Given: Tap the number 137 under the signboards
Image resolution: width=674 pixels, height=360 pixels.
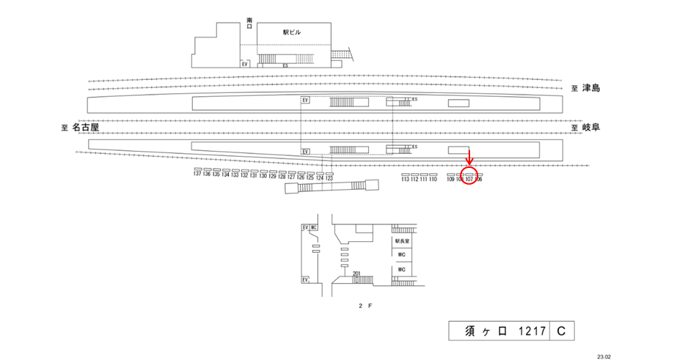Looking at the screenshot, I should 197,174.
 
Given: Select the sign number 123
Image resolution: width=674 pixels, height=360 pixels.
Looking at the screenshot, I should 329,178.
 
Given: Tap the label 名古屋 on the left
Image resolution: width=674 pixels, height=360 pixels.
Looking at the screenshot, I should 86,128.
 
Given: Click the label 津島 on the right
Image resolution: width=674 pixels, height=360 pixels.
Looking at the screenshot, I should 591,89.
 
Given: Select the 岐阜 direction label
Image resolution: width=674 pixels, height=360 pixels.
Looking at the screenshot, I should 591,128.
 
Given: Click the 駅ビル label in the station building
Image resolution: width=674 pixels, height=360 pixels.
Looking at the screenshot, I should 292,32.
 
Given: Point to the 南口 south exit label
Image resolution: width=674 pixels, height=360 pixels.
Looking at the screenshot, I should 249,23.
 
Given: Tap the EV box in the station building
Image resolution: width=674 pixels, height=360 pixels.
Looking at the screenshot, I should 246,64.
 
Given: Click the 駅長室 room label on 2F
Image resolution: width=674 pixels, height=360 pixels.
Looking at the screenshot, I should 401,240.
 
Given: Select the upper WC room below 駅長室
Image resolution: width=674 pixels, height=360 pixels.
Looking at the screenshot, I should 401,254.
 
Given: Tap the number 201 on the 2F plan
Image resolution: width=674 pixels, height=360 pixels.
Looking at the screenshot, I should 356,273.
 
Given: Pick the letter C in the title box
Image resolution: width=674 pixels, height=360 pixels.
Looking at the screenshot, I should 560,331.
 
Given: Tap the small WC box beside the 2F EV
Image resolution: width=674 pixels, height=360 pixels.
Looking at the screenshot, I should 313,228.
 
